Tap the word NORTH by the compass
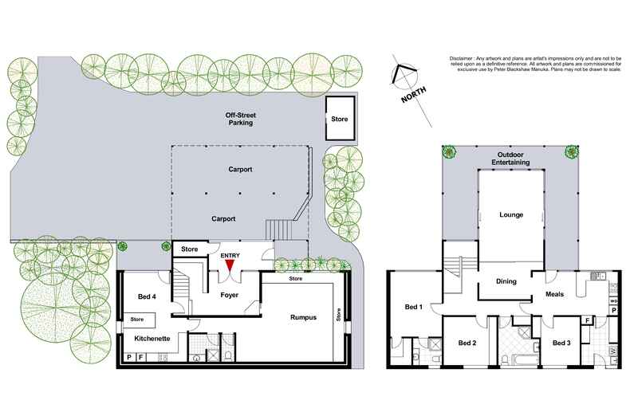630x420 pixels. tap(414, 94)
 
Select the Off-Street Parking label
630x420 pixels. tap(240, 119)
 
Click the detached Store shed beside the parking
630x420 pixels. tap(340, 119)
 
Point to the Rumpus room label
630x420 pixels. tap(303, 317)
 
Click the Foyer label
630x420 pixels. tap(230, 295)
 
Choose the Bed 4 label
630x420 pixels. tap(147, 296)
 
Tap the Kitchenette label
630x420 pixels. tap(152, 339)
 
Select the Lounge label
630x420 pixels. tap(511, 215)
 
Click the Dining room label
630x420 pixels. tap(506, 281)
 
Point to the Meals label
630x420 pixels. tap(554, 294)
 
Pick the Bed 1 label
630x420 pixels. tap(413, 307)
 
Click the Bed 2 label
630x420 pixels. tap(467, 343)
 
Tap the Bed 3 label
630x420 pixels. tap(561, 343)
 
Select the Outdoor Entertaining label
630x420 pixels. tap(510, 159)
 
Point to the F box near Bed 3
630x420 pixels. tap(588, 321)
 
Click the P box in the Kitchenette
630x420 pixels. tap(129, 357)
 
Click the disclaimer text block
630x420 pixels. tap(535, 64)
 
